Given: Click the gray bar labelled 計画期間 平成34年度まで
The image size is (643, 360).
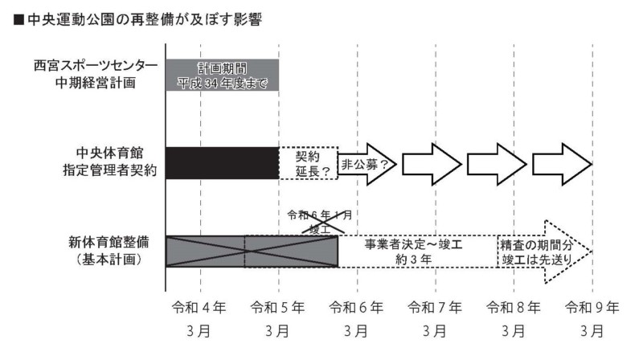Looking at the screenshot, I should point(223,74).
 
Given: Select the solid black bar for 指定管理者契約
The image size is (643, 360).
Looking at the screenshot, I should point(223,163).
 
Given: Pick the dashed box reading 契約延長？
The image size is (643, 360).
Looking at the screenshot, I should point(308,163).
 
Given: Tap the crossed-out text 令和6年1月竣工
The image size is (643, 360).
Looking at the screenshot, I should point(320,223).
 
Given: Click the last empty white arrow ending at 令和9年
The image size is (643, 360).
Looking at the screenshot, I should point(562,164).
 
